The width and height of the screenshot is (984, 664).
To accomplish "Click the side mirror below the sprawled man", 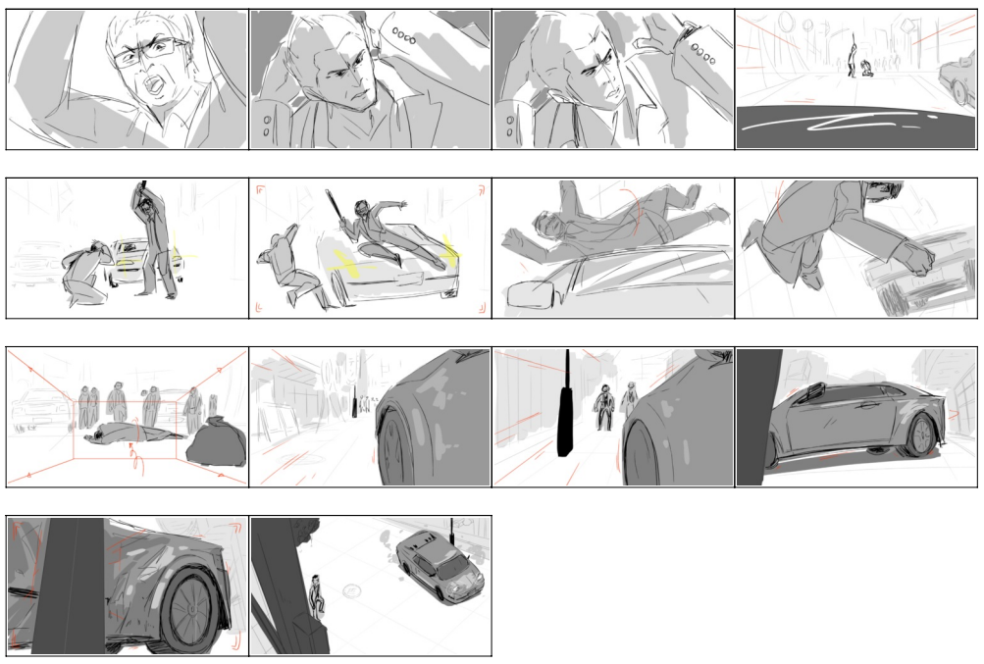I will tap(528, 297).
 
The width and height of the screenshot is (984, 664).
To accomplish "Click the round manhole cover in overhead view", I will tap(352, 591).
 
